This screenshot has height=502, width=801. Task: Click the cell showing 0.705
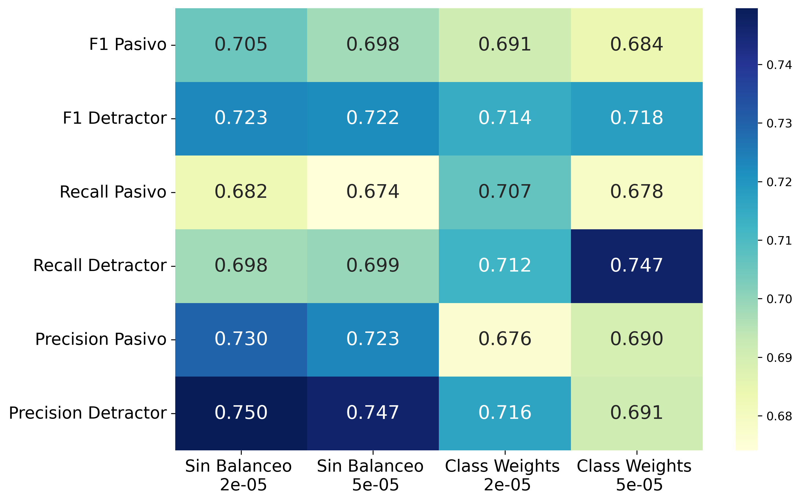241,45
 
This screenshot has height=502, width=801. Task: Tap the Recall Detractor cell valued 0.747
637,266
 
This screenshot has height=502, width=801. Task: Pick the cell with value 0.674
373,192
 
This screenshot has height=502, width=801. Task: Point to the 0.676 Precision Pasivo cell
505,340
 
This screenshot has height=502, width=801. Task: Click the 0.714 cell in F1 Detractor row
505,119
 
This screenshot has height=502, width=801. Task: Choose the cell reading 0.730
241,340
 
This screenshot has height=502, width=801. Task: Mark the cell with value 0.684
637,45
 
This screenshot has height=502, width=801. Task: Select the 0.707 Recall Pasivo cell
505,192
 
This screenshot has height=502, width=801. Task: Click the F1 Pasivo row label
128,45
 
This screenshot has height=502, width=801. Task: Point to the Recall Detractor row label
100,266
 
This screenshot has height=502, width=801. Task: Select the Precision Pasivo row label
101,339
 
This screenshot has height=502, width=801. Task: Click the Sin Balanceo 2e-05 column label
239,475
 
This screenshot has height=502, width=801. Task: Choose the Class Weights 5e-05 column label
634,475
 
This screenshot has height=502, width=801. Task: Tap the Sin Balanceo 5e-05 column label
370,475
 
